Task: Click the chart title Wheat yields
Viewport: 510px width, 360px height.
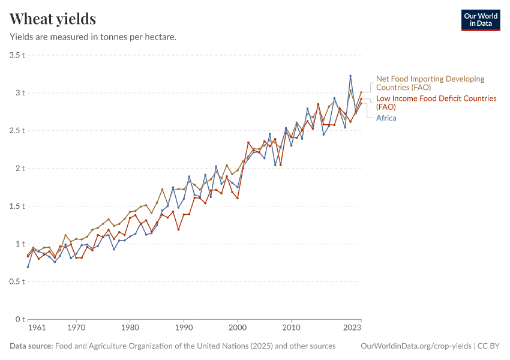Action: point(53,19)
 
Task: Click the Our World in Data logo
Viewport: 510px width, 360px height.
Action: point(480,20)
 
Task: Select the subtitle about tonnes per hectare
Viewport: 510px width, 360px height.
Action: point(93,37)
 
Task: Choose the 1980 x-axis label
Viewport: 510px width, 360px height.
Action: point(130,328)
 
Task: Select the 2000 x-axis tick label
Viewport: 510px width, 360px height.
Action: point(238,328)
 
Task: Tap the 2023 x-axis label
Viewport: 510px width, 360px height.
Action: point(352,328)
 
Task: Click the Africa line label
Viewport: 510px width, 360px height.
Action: point(386,118)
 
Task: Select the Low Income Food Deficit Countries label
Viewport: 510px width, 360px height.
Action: point(436,102)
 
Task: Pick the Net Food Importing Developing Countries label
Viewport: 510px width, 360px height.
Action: point(430,83)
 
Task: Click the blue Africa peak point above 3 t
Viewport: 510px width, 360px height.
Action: point(350,76)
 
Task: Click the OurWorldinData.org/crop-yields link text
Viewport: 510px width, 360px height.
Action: point(416,346)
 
